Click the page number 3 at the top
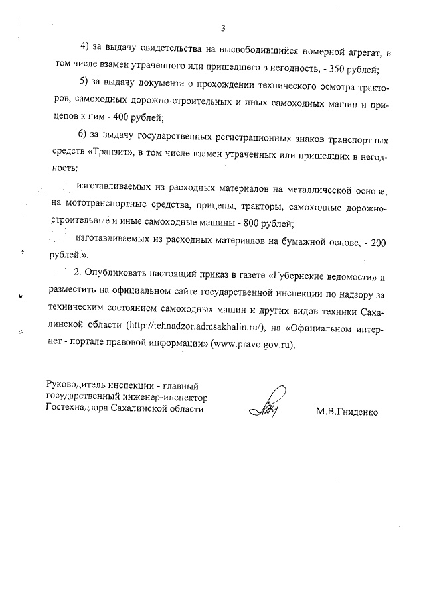224,28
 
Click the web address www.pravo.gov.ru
252,345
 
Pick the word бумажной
297,242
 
